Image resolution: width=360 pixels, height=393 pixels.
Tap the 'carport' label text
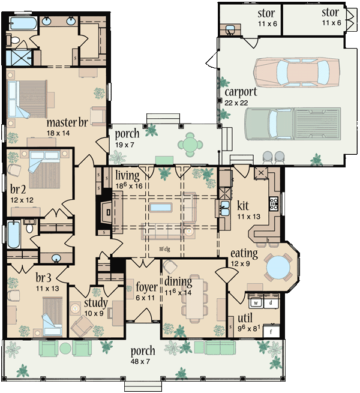click(241, 92)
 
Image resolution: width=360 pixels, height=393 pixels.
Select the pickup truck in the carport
click(293, 124)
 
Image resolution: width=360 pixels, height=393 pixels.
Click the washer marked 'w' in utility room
click(254, 302)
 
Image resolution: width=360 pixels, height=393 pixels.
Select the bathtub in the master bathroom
click(21, 25)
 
